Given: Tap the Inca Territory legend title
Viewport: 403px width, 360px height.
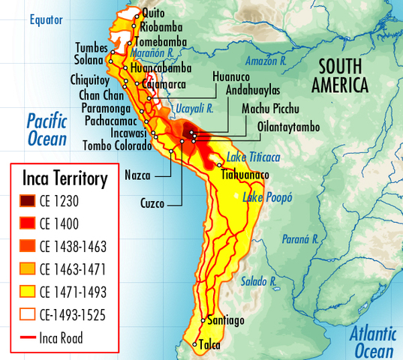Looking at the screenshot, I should pos(65,178).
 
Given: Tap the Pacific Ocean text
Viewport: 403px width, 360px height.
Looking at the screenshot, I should pos(47,129).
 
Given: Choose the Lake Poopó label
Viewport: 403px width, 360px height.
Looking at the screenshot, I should pos(267,197).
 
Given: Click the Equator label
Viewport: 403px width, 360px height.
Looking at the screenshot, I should pos(47,19).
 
